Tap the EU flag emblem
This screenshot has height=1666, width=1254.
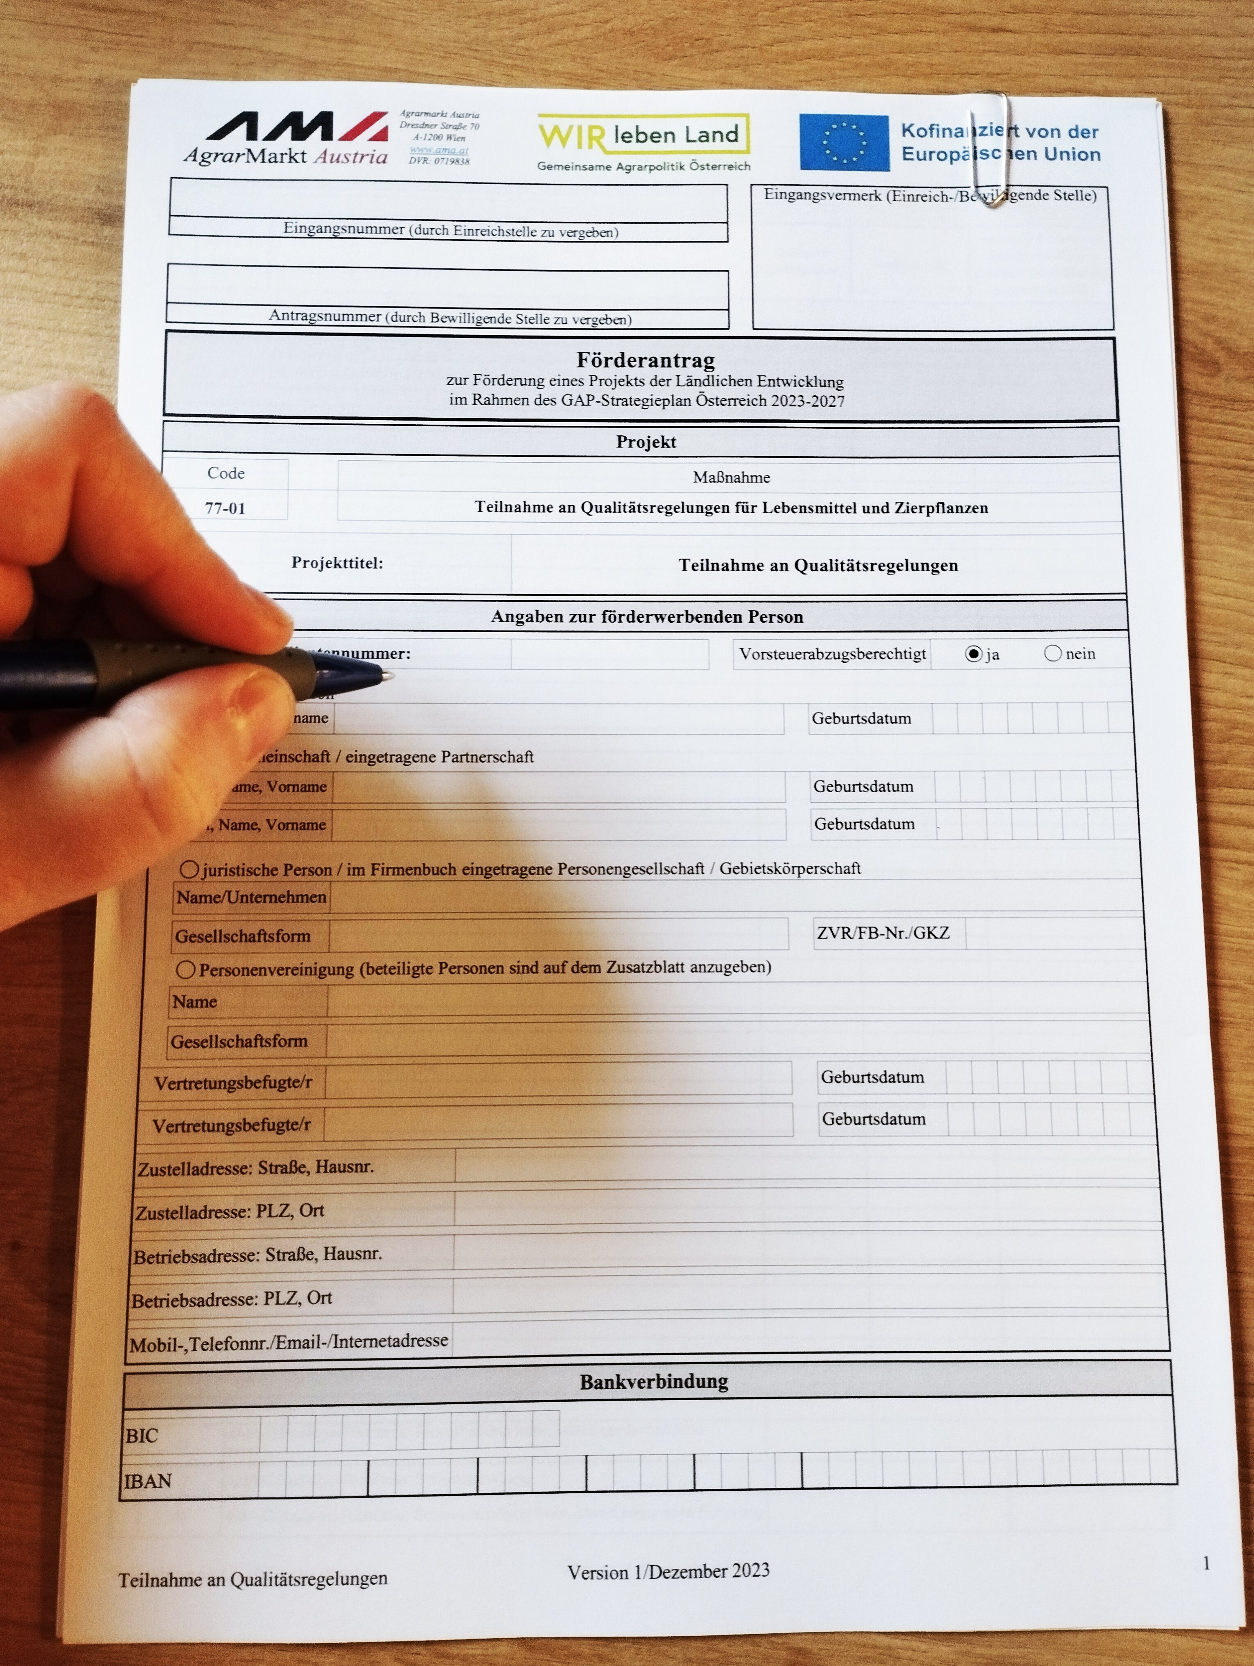(x=844, y=143)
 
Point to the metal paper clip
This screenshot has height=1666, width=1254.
(x=991, y=151)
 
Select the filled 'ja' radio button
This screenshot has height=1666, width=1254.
(x=973, y=654)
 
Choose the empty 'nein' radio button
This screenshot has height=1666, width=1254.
(x=1052, y=653)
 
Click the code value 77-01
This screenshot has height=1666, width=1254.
(x=225, y=508)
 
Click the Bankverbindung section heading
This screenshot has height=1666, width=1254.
(x=654, y=1381)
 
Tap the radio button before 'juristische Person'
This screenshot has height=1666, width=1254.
(x=189, y=870)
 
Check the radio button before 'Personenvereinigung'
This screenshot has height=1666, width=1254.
(x=185, y=969)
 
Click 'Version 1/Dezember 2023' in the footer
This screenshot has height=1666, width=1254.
(x=668, y=1571)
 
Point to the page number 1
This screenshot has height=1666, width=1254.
(x=1206, y=1564)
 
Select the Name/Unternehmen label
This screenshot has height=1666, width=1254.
(x=251, y=897)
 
